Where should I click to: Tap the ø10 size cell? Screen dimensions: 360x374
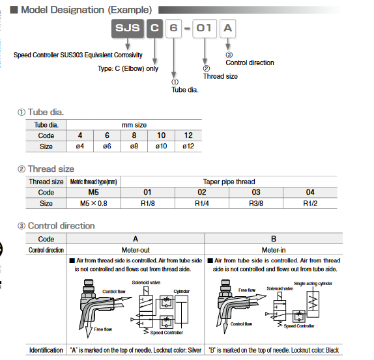(x=159, y=146)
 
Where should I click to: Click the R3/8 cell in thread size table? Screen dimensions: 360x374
(x=256, y=203)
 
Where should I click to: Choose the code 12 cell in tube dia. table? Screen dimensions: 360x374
(x=188, y=135)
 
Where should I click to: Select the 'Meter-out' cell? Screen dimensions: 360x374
(x=136, y=250)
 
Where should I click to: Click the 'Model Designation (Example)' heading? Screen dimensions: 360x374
(x=87, y=10)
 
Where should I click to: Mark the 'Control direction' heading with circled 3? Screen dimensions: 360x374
(x=56, y=226)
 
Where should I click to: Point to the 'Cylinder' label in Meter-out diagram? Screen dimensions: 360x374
(x=181, y=291)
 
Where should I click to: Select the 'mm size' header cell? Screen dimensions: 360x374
(x=134, y=124)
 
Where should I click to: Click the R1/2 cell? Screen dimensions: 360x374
(x=310, y=203)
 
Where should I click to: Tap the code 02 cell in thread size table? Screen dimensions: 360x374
(x=201, y=192)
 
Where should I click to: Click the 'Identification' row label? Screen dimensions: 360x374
(x=46, y=350)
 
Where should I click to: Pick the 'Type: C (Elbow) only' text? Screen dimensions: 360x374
(x=128, y=68)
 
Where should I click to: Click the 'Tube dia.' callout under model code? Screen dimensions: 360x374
(x=185, y=89)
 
